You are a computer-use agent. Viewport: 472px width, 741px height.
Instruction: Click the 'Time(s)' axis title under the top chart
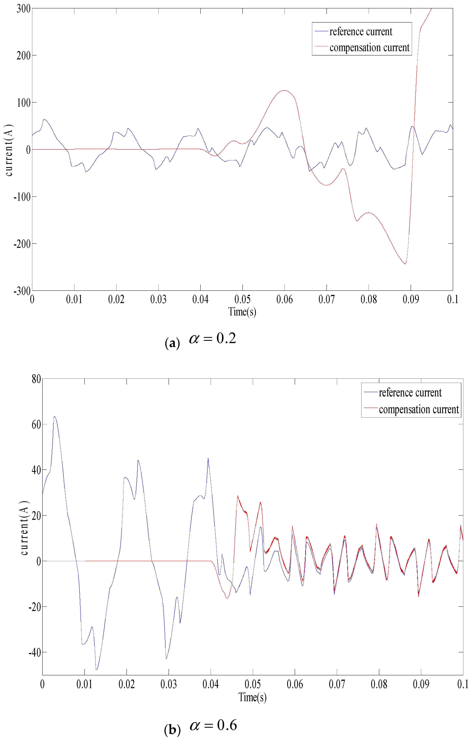point(242,312)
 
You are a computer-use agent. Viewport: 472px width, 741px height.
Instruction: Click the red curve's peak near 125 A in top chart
point(284,91)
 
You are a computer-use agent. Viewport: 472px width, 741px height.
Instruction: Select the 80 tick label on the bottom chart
point(36,379)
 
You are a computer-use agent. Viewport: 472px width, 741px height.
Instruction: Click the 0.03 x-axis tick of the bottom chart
point(169,684)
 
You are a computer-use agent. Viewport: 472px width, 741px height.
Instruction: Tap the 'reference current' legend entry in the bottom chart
point(410,393)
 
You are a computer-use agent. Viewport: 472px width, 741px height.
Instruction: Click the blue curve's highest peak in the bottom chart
point(54,417)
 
